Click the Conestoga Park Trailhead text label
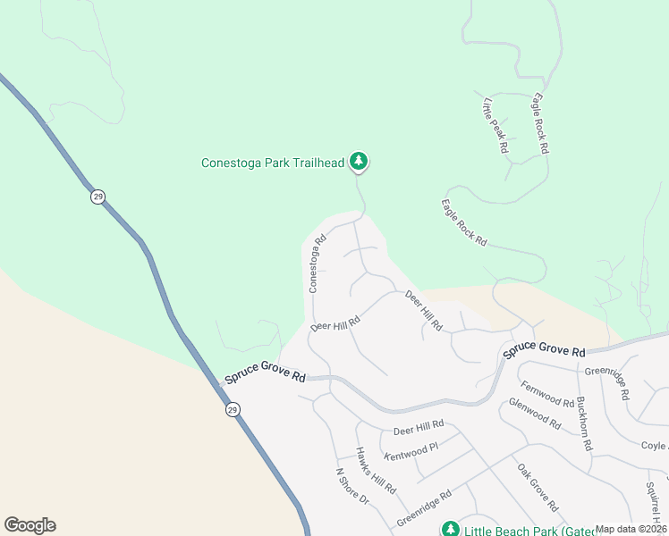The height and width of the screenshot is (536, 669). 274,163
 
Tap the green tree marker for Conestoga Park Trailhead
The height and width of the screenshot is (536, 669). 359,162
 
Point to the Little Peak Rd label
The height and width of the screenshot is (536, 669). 495,125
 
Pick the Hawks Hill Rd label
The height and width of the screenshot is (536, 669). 376,472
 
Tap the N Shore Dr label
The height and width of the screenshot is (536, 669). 351,487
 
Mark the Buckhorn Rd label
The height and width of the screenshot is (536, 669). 585,423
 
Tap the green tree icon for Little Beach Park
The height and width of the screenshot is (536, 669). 450,529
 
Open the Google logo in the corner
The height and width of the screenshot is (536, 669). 30,525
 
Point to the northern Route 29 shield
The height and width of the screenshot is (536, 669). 97,196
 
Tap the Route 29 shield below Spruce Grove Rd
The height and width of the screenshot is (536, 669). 233,410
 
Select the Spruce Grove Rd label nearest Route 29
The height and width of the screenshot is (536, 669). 265,373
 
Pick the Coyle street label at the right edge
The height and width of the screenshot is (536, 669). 654,446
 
